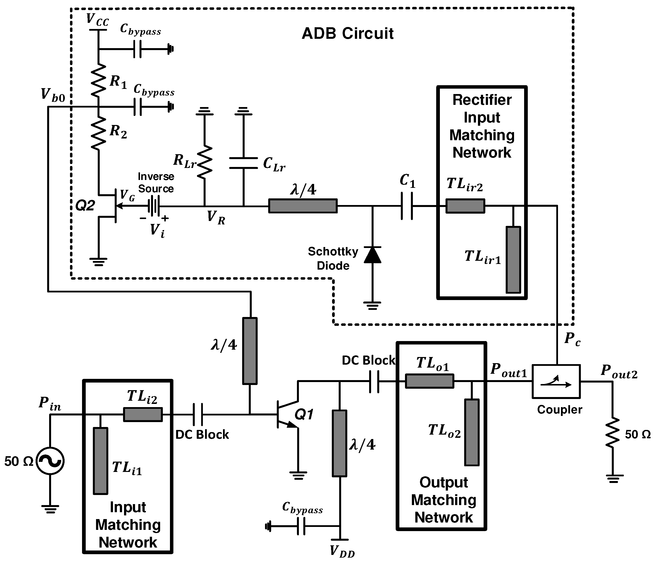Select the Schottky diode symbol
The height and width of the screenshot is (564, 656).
(372, 255)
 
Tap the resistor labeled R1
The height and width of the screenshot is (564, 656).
(98, 81)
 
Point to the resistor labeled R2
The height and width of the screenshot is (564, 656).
(98, 133)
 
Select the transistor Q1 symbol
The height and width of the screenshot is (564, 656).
(287, 414)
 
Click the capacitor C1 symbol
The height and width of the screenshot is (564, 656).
(407, 206)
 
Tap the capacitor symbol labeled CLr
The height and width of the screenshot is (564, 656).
(243, 163)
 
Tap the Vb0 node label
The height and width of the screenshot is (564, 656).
(53, 95)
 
